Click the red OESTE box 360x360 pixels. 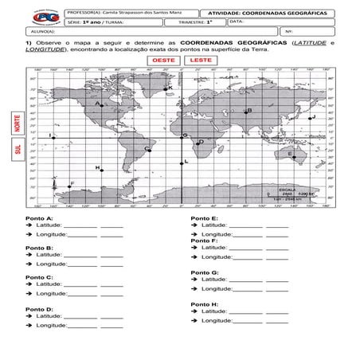click(163, 61)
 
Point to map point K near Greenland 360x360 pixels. click(166, 89)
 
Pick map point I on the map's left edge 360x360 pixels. click(53, 137)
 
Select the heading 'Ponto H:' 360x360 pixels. click(204, 304)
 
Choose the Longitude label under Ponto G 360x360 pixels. click(220, 289)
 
